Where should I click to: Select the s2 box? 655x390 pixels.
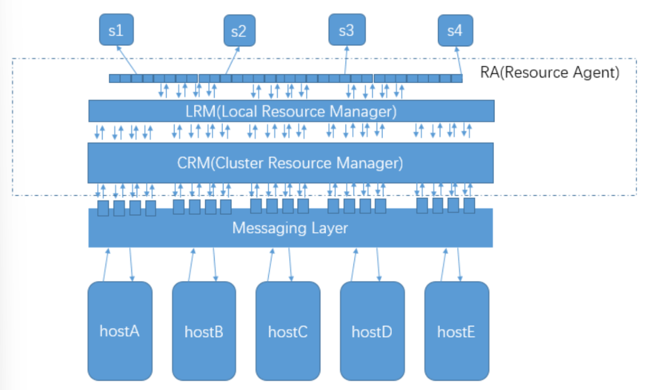pyautogui.click(x=239, y=31)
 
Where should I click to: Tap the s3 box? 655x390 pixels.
pyautogui.click(x=346, y=30)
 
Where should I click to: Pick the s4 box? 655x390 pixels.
pyautogui.click(x=455, y=30)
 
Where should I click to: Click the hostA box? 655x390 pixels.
pyautogui.click(x=120, y=331)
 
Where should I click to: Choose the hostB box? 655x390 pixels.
pyautogui.click(x=204, y=331)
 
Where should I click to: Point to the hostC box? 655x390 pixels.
pyautogui.click(x=288, y=331)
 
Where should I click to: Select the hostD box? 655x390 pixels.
pyautogui.click(x=372, y=331)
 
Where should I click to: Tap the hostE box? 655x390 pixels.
pyautogui.click(x=456, y=331)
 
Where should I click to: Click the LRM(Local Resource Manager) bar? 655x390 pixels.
pyautogui.click(x=291, y=111)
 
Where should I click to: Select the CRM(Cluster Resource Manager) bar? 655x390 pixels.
pyautogui.click(x=290, y=163)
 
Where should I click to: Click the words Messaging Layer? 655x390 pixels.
pyautogui.click(x=290, y=228)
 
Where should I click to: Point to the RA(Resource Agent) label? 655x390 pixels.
pyautogui.click(x=549, y=73)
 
